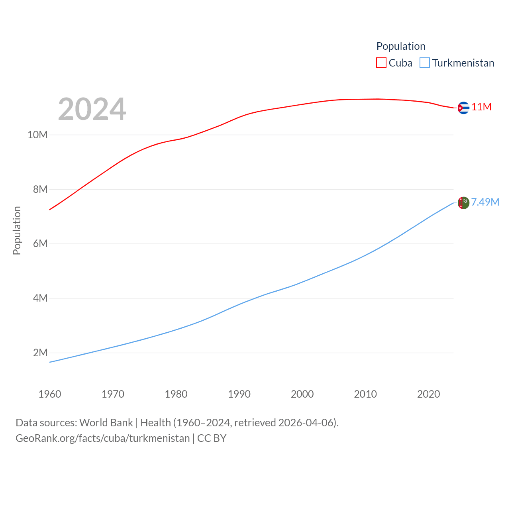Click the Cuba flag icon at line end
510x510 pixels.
tap(463, 108)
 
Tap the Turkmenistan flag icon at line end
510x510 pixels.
tap(463, 203)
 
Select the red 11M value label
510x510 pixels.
tap(481, 107)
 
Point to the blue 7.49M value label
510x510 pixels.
tap(485, 202)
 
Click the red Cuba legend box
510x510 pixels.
tap(381, 63)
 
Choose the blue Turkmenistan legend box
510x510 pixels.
tap(425, 63)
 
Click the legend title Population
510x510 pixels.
tap(401, 46)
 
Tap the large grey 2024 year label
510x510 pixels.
tap(92, 109)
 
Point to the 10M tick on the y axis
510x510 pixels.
tap(37, 135)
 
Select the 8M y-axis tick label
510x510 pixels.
tap(40, 189)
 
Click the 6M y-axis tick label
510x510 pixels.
tap(40, 243)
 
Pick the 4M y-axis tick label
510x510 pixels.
tap(40, 298)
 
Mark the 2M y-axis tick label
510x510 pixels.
tap(40, 353)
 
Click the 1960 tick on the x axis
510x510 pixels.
tap(50, 394)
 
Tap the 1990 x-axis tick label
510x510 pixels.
tap(239, 394)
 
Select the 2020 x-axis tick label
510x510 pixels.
tap(428, 394)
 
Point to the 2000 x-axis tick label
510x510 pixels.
tap(302, 394)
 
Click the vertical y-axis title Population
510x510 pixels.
tap(17, 230)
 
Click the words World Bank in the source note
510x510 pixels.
tap(106, 422)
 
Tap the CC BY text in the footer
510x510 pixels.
tap(212, 438)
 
